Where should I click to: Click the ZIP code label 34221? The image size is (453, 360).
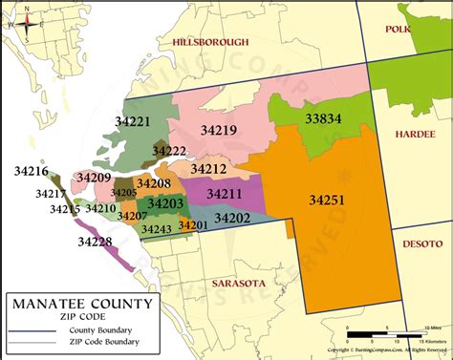133,121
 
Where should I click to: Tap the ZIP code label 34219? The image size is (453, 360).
219,129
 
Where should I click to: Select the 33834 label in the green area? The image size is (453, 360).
323,118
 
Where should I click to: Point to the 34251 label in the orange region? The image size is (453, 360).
327,200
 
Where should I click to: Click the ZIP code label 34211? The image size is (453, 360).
225,194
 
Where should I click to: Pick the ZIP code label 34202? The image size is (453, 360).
232,218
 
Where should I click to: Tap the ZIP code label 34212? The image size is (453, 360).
208,169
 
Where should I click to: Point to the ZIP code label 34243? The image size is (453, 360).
156,229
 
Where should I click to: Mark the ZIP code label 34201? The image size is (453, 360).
193,225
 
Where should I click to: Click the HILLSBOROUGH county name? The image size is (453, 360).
211,42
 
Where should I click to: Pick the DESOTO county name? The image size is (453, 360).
421,243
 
